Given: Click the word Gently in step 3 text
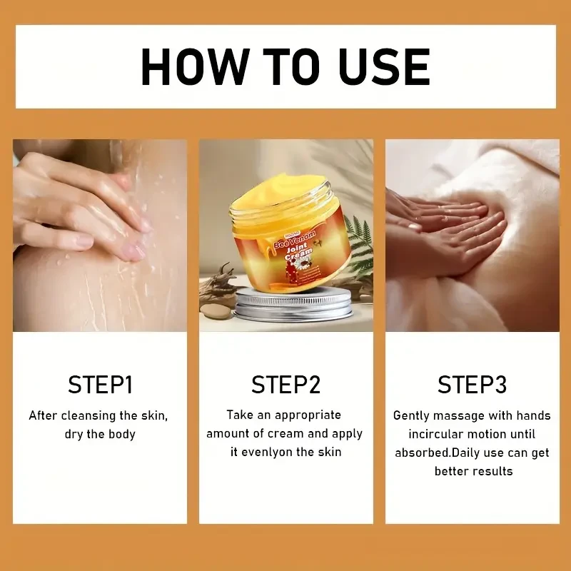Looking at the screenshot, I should coord(413,415).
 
